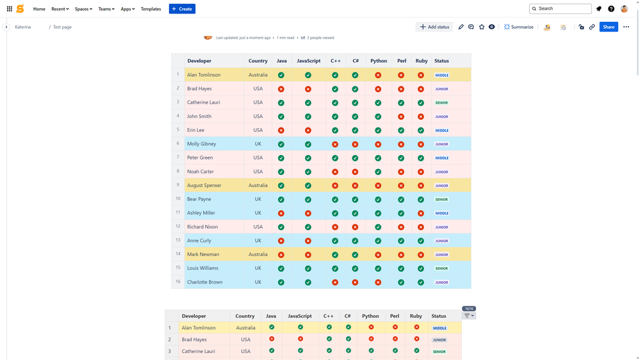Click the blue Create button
182,9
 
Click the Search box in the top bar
561,9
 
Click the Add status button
434,27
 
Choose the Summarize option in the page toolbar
518,27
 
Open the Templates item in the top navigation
151,9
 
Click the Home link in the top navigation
39,9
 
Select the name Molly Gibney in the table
201,144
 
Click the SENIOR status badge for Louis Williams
441,268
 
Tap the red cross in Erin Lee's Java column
281,130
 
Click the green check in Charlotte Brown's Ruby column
421,282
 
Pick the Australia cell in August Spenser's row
258,186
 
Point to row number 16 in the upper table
178,281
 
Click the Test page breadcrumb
62,27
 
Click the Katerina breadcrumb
23,27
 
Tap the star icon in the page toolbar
482,27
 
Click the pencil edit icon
461,27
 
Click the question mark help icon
611,9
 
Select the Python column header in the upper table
379,61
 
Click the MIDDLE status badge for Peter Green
441,158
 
